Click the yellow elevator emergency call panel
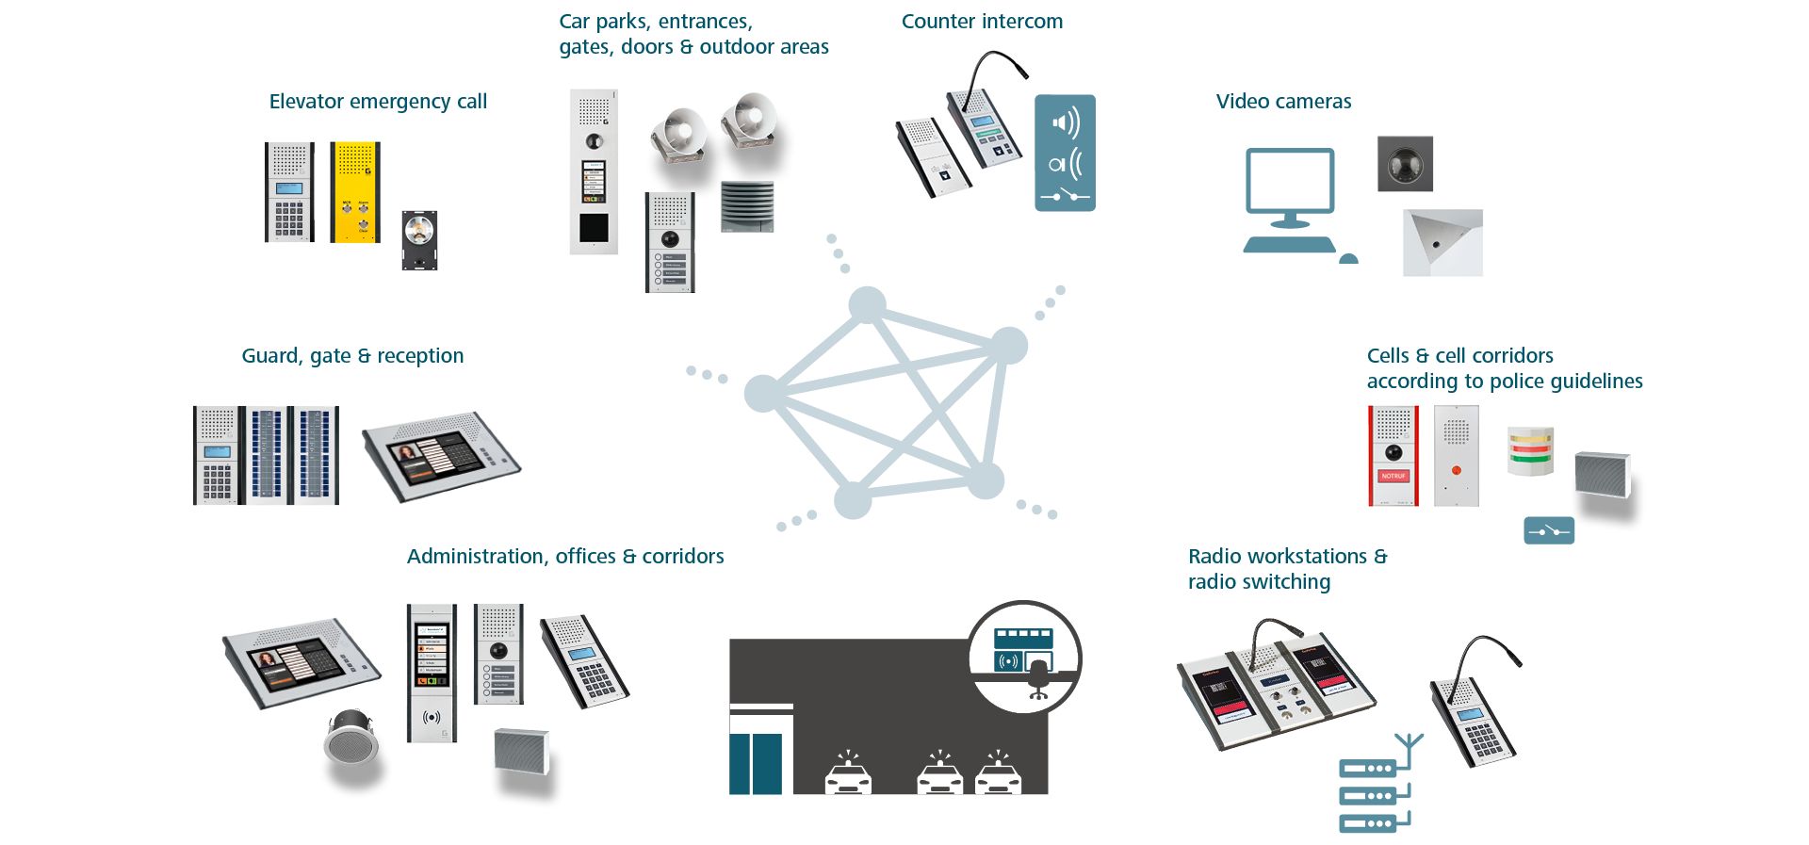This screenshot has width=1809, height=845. click(355, 192)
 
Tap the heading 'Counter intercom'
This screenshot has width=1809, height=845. click(982, 22)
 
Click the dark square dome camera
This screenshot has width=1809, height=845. click(1405, 164)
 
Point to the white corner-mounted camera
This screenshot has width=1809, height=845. click(1442, 243)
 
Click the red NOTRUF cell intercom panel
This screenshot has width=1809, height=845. click(1393, 456)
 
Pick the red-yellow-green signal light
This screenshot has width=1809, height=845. click(1530, 451)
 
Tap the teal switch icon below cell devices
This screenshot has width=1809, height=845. click(1549, 531)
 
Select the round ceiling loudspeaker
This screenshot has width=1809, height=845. click(351, 738)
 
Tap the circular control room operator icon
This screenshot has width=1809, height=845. click(1024, 657)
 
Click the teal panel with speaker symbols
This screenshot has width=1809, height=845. click(1065, 153)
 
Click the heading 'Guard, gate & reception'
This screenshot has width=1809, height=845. click(352, 356)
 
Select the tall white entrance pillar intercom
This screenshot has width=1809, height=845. click(594, 171)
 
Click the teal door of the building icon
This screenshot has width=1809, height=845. click(756, 763)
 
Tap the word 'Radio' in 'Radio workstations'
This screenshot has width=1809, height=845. click(1215, 557)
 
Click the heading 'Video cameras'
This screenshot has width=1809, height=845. click(1283, 102)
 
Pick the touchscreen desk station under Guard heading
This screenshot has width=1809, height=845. click(441, 457)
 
